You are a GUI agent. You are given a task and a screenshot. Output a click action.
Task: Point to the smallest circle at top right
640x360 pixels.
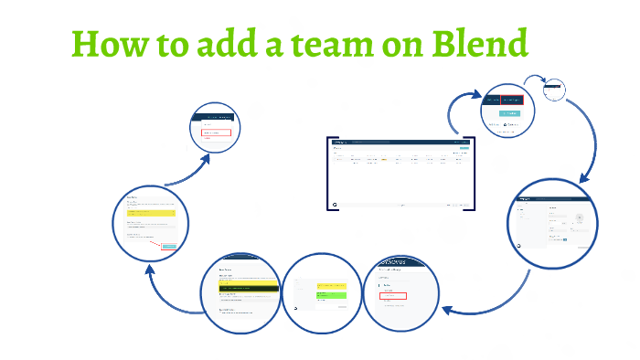point(554,90)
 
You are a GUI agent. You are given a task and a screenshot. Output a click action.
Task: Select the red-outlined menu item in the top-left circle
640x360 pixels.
point(217,133)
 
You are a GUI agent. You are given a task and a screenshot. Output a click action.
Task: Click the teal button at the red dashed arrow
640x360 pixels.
point(168,245)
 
